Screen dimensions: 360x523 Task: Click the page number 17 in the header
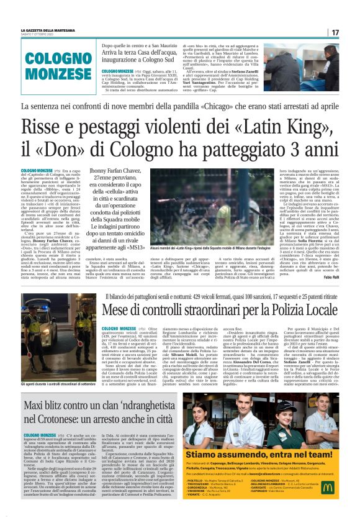coord(335,32)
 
